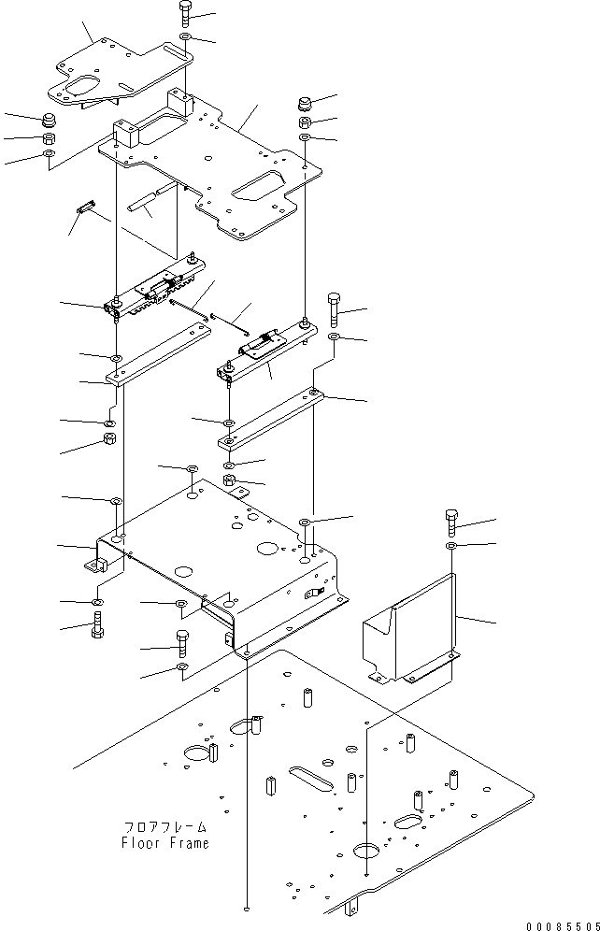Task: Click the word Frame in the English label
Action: tap(188, 843)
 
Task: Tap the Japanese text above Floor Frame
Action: tap(164, 827)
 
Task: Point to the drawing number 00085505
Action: tap(559, 924)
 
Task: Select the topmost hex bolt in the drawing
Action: tap(183, 13)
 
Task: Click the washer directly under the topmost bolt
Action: tap(185, 36)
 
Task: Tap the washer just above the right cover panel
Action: tap(452, 545)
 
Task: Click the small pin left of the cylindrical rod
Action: tap(86, 206)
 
